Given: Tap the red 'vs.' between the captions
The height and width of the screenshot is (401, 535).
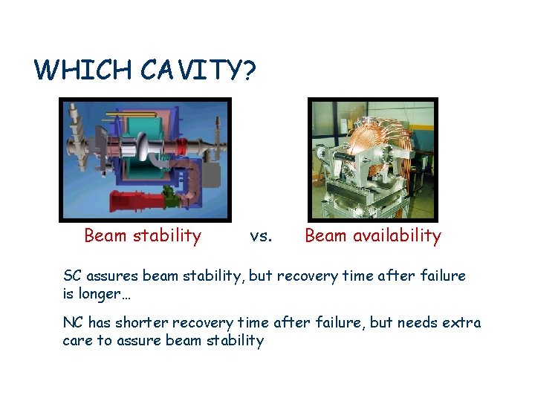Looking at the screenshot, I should pos(262,236).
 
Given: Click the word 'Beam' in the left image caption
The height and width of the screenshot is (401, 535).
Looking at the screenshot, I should pos(106,236).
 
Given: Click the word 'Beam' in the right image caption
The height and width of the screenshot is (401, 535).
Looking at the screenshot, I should pos(325,236).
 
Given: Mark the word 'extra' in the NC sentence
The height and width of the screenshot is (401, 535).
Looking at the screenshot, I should pos(462,323).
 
